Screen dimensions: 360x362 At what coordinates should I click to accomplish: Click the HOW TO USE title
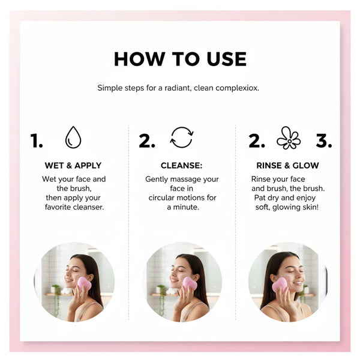[180, 59]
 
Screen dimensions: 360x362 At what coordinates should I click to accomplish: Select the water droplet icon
[73, 137]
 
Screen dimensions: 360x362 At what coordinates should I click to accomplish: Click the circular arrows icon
[182, 137]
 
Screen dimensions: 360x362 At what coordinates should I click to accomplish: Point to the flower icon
[289, 138]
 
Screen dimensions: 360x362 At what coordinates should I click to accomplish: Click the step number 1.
[37, 140]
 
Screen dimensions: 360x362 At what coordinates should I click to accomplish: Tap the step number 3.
[324, 140]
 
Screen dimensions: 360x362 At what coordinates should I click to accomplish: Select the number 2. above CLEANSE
[147, 140]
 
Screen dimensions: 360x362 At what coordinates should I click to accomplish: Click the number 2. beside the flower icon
[257, 140]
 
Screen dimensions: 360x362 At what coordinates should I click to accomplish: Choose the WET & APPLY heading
[73, 166]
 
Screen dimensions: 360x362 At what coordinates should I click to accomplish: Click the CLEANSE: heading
[181, 166]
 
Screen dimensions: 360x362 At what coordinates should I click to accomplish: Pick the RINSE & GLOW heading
[287, 166]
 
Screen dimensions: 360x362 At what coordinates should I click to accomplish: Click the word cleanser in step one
[88, 207]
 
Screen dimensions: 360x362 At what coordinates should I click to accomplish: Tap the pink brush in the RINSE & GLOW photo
[280, 285]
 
